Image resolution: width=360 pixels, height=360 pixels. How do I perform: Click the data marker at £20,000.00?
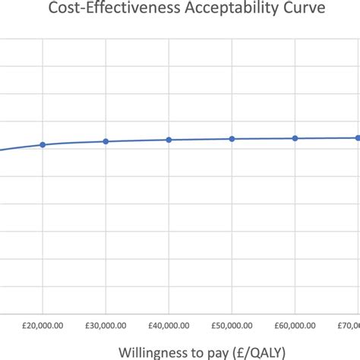43,144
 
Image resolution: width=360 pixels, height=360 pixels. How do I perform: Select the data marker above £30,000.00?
106,141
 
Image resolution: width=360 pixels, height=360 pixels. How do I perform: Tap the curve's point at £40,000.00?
169,140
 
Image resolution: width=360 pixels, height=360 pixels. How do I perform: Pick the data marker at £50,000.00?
232,139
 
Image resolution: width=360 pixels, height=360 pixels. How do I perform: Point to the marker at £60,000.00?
295,138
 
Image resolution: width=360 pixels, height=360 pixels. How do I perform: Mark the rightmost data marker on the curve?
357,137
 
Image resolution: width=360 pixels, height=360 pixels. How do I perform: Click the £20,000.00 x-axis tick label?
43,324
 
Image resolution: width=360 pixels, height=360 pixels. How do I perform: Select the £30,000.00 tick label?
106,324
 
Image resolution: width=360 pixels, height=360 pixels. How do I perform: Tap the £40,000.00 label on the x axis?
169,324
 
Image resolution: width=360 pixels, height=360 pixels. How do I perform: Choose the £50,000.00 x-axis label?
232,324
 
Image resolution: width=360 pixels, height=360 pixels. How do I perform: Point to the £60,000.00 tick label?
295,324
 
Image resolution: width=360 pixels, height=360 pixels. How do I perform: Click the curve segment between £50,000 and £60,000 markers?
264,138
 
